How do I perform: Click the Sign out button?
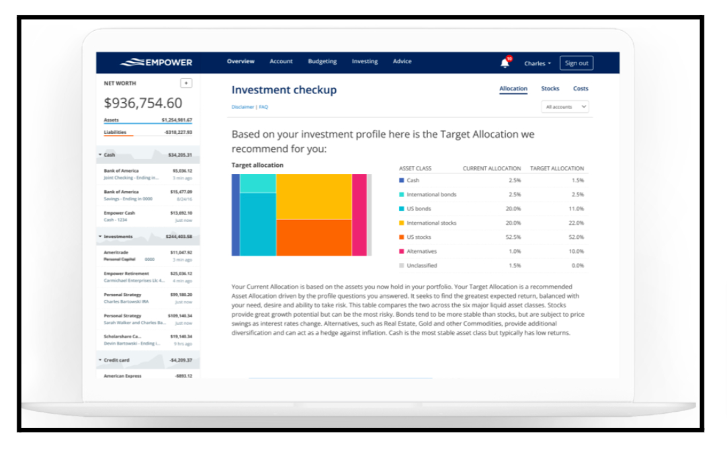[576, 63]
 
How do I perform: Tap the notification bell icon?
[505, 63]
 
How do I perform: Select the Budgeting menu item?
[323, 62]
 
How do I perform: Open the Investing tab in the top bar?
[365, 62]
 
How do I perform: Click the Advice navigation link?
[402, 62]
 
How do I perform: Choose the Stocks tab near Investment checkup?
[550, 89]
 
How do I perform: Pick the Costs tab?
[581, 89]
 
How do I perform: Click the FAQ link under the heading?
[263, 107]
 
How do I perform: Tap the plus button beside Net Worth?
[186, 83]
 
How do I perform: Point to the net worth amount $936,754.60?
[142, 103]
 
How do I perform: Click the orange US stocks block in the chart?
[314, 237]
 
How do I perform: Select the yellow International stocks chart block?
[314, 196]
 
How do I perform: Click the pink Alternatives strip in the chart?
[359, 215]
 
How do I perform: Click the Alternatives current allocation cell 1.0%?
[513, 252]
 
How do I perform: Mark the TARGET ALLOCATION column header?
[557, 168]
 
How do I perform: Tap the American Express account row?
[148, 376]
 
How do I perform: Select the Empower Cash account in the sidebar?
[148, 216]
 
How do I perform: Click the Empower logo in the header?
[157, 63]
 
